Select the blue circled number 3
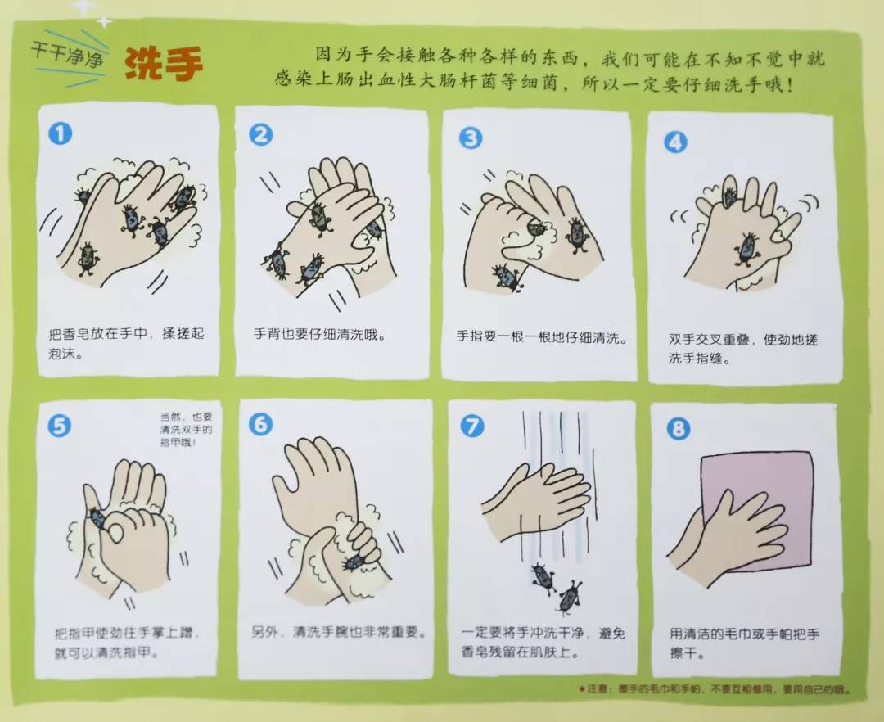tap(470, 138)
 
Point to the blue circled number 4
tap(675, 142)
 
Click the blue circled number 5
tap(60, 425)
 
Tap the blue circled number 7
tap(472, 426)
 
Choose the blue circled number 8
tap(678, 429)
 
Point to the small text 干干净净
tap(61, 49)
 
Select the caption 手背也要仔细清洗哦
tap(319, 335)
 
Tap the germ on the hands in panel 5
tap(97, 517)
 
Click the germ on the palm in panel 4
tap(746, 248)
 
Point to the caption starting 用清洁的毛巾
tap(744, 643)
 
